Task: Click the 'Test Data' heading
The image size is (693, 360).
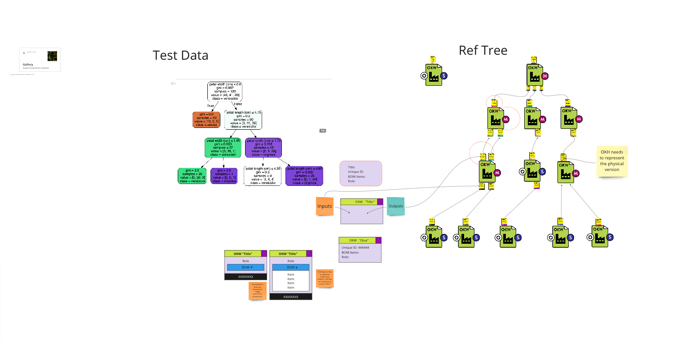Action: coord(180,55)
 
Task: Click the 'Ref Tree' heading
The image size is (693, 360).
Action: coord(483,50)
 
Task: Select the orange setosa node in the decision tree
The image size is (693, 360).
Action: coord(206,119)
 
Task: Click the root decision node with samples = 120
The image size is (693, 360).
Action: coord(224,91)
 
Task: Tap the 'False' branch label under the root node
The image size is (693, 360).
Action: coord(238,104)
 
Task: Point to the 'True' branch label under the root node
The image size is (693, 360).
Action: coord(211,105)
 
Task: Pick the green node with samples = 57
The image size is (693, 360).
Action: coord(223,148)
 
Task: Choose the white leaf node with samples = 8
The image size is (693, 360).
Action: coord(263,176)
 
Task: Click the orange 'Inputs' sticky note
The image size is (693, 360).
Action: coord(325,206)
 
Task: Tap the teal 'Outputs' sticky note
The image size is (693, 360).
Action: coord(395,206)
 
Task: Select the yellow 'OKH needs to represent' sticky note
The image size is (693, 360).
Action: coord(612,161)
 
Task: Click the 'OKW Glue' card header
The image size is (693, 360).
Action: coord(360,240)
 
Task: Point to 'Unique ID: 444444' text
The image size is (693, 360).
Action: coord(355,247)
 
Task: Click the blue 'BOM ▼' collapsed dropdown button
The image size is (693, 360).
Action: coord(246,267)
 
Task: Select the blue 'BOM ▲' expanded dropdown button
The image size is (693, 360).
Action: coord(290,267)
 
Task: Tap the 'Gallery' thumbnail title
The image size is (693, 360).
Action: coord(28,65)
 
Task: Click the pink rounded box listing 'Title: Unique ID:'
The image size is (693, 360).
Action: coord(360,174)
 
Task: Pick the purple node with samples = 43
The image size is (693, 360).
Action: coord(263,148)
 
